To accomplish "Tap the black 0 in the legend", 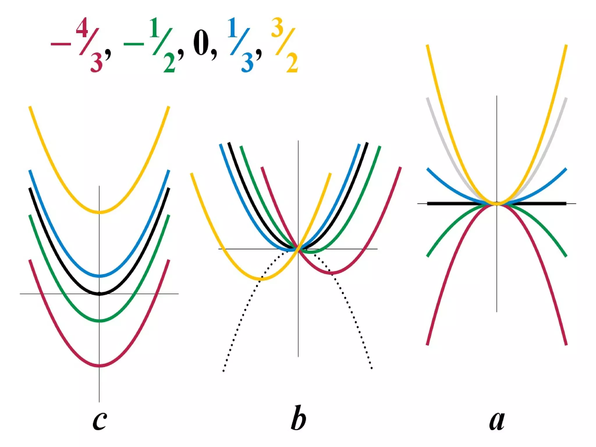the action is [x=201, y=44].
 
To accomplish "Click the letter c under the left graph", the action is [x=100, y=421].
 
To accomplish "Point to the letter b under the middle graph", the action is [x=298, y=418].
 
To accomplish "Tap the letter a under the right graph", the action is [x=497, y=421].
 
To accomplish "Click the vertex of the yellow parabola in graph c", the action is [x=100, y=212].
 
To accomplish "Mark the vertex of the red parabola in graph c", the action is [x=100, y=365].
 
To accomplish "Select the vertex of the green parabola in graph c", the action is [x=100, y=321].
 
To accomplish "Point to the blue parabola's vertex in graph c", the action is [x=100, y=276].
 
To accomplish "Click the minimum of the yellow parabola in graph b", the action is [x=262, y=279].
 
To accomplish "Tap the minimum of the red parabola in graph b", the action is [x=332, y=273].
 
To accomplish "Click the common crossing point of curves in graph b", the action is [x=298, y=249].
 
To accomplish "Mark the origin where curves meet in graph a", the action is [x=497, y=203].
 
